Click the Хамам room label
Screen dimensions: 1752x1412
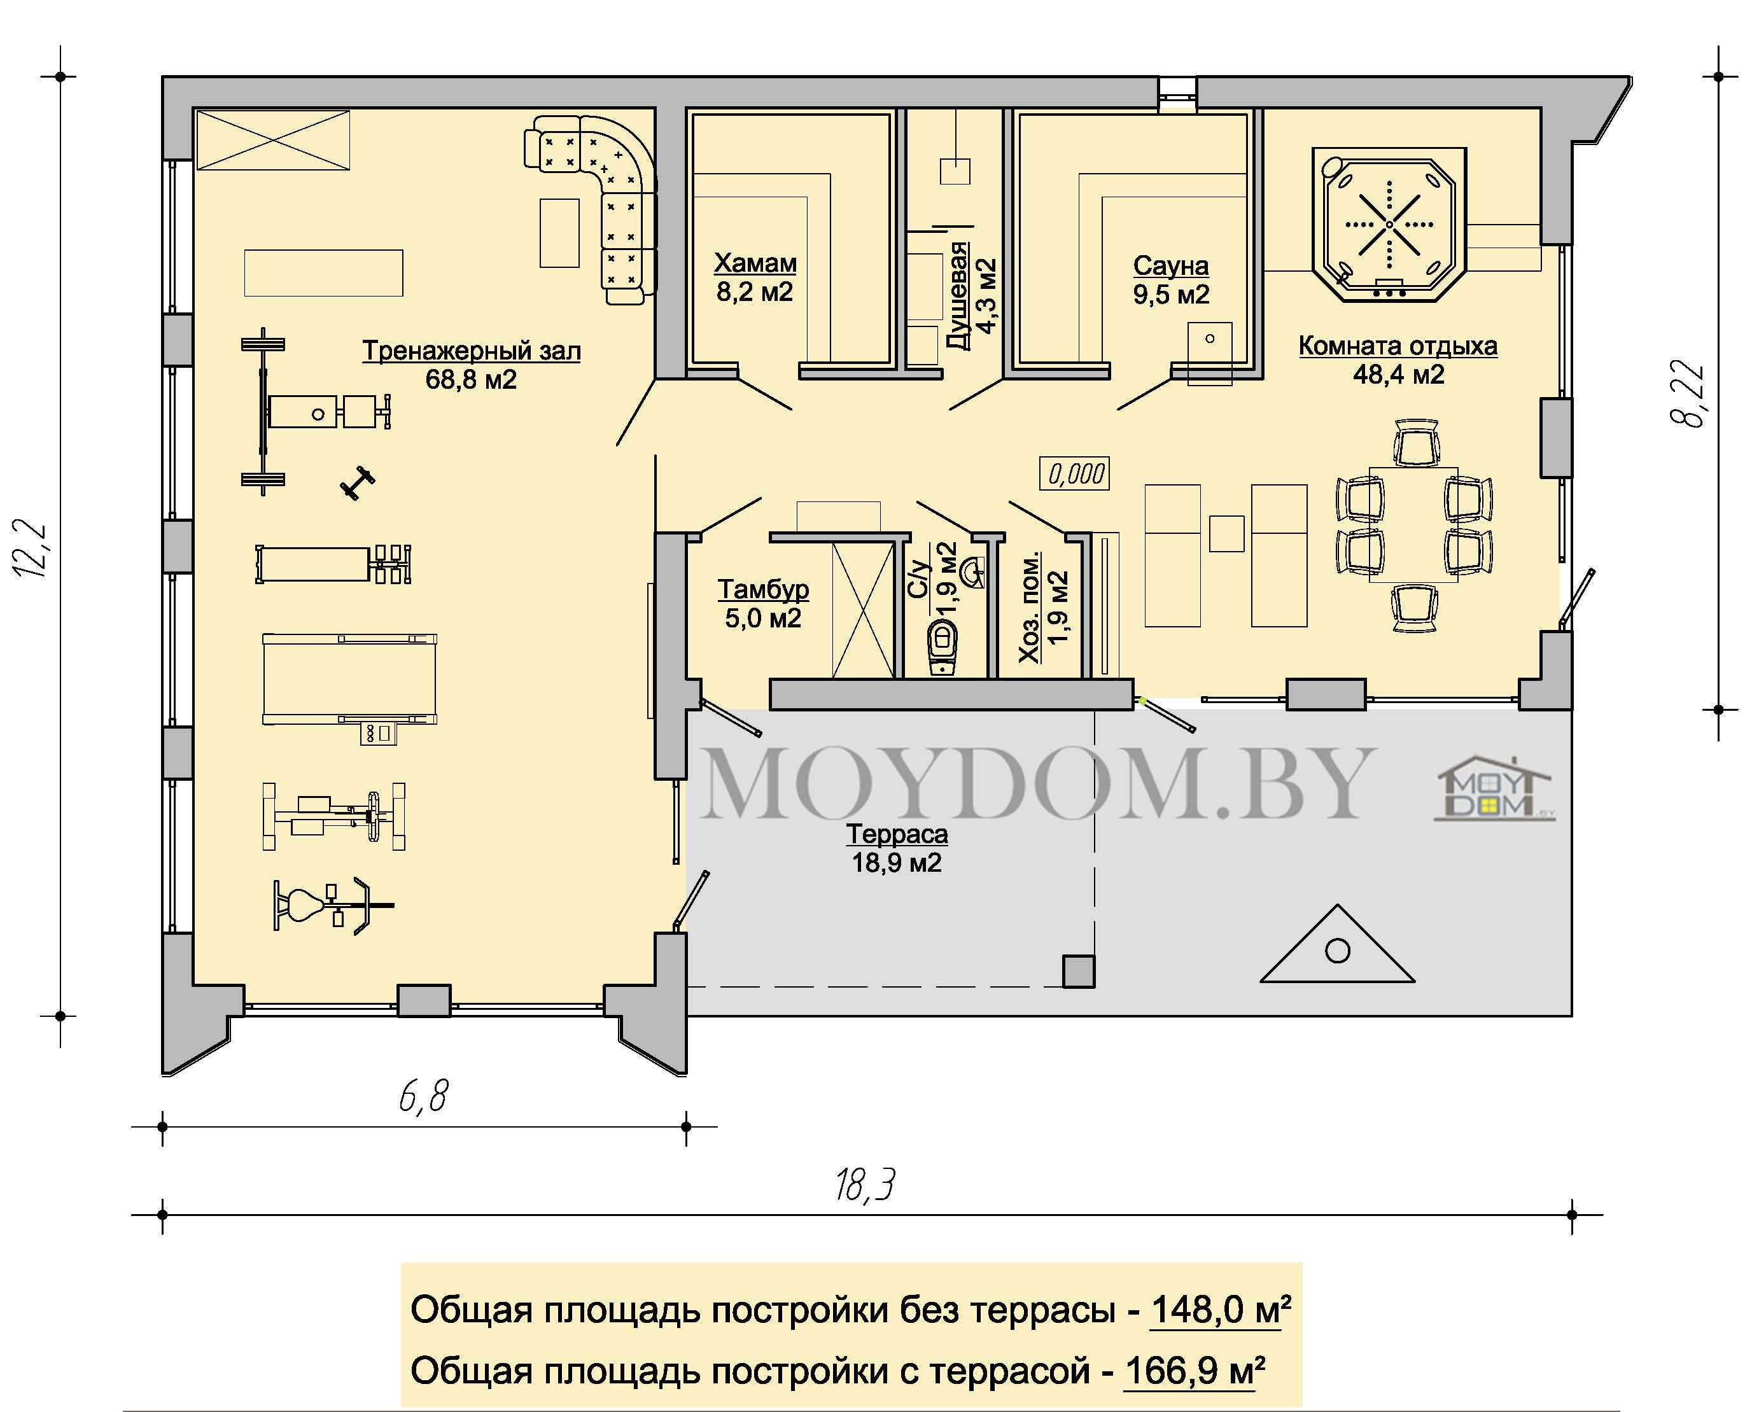755,277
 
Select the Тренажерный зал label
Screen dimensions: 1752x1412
471,365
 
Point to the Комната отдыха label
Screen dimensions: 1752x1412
1398,360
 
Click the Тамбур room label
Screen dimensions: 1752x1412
763,603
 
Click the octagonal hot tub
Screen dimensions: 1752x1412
1389,225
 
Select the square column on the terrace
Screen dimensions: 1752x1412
1079,971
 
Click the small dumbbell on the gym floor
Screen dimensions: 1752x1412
357,483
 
